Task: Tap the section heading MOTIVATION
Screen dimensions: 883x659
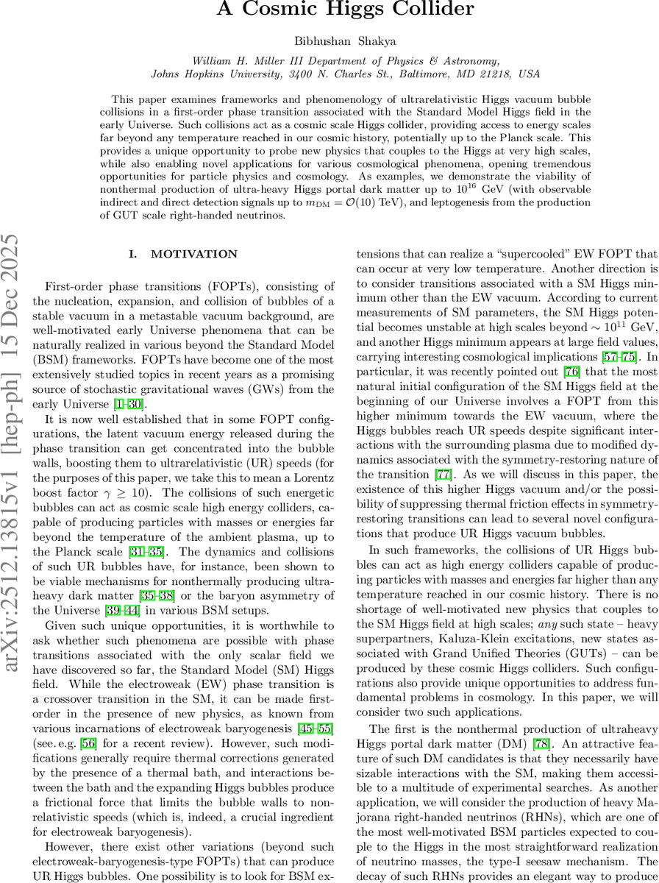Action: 194,255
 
